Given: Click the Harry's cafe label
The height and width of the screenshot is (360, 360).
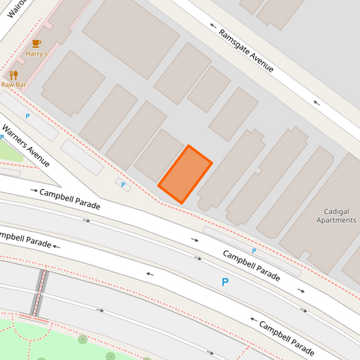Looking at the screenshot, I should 36,53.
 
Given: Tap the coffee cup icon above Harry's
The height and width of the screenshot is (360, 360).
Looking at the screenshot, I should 36,43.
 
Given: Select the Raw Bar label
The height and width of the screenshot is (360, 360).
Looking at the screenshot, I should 13,84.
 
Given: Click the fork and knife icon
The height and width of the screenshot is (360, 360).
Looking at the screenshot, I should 13,75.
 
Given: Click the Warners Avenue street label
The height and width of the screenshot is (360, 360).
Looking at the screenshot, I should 26,145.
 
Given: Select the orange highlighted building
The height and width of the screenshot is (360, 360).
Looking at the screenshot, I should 185,174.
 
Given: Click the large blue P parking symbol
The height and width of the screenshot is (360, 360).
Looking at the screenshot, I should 226,282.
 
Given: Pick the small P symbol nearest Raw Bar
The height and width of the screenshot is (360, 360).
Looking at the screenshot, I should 28,116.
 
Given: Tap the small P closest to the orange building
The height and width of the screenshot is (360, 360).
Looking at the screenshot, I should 123,184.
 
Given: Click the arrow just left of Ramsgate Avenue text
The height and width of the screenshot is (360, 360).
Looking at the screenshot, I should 214,26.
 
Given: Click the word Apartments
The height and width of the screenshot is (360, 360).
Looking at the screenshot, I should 336,220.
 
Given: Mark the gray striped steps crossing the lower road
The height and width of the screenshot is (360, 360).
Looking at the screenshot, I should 42,293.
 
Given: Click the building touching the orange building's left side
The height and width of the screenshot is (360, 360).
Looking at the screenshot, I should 158,156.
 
